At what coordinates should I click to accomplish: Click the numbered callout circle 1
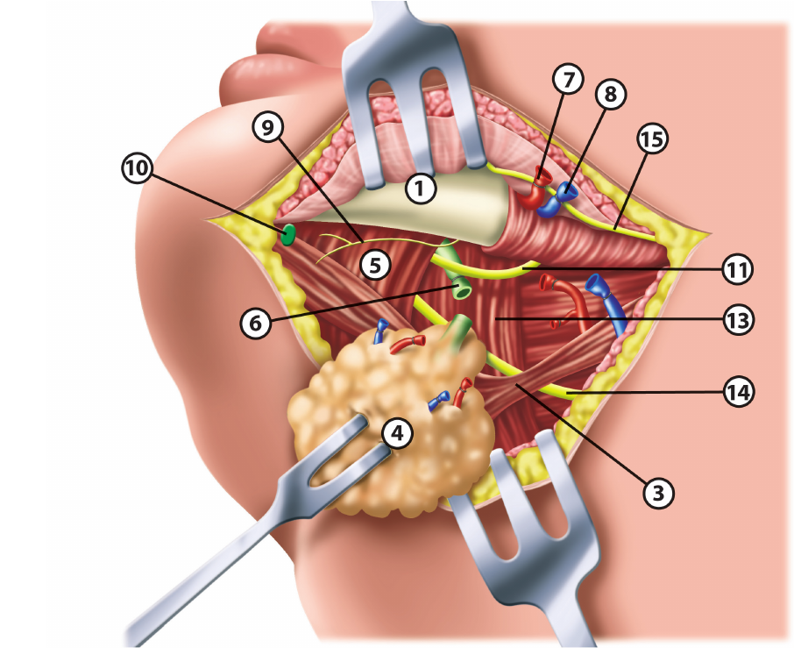point(422,188)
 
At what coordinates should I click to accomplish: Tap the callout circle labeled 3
point(659,493)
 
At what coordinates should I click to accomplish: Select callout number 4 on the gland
point(397,432)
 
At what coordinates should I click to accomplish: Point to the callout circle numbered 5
point(375,265)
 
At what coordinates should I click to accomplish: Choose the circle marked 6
point(255,323)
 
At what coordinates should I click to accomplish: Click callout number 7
point(568,79)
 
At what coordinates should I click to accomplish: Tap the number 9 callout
point(267,129)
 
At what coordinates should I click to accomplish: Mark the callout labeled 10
point(137,170)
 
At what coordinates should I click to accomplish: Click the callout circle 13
point(737,320)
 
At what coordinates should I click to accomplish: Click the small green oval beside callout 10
point(287,234)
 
